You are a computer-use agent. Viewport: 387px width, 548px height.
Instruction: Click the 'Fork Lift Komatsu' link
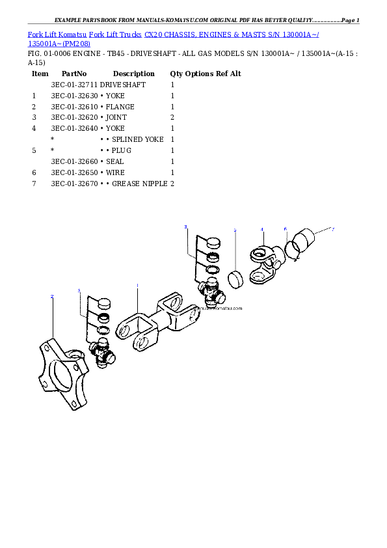[x=57, y=34]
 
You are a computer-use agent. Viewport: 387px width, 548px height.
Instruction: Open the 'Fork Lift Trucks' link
[x=115, y=34]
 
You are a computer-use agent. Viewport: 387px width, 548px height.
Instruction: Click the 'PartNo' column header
[x=74, y=74]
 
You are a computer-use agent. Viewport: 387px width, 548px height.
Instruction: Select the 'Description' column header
[x=134, y=74]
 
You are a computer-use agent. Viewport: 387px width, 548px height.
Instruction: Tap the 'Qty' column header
[x=176, y=74]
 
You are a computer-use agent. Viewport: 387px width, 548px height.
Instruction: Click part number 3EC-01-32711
[x=74, y=85]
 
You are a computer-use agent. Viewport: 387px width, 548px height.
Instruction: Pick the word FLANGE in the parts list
[x=120, y=107]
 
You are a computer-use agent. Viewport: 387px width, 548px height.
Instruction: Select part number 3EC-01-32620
[x=74, y=117]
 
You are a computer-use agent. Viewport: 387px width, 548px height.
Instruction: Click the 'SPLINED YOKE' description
[x=138, y=139]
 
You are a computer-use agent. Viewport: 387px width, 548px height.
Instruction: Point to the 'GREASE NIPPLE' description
[x=140, y=184]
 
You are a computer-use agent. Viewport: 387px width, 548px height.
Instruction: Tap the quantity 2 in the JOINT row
[x=172, y=117]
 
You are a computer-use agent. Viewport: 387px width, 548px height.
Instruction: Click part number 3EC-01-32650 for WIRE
[x=74, y=172]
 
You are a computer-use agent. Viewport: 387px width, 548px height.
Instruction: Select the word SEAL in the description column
[x=115, y=161]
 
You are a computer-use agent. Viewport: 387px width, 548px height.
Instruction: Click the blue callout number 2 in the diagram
[x=52, y=296]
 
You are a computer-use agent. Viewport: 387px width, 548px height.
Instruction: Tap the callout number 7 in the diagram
[x=333, y=229]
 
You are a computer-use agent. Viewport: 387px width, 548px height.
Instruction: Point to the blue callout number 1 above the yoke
[x=137, y=286]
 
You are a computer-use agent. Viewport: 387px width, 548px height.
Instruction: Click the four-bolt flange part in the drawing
[x=63, y=374]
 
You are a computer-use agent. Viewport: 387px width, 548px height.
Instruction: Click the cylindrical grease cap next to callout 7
[x=303, y=240]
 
